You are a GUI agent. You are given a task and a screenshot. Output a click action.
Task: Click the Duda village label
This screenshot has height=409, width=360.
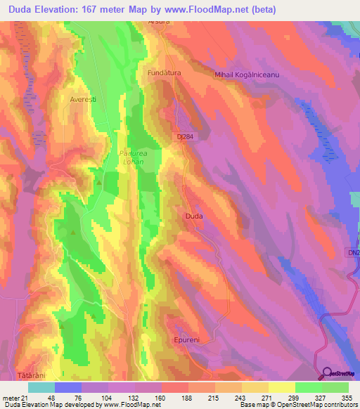194,216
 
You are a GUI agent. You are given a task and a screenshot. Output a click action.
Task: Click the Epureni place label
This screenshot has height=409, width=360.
186,339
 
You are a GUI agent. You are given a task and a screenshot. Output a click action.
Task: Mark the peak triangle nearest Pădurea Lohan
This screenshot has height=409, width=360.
99,183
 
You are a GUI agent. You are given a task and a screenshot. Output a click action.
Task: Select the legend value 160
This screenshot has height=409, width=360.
161,397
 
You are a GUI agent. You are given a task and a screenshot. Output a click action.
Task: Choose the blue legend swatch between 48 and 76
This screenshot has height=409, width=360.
68,387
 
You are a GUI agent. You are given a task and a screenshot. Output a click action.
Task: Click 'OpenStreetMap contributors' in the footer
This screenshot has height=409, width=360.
323,405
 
